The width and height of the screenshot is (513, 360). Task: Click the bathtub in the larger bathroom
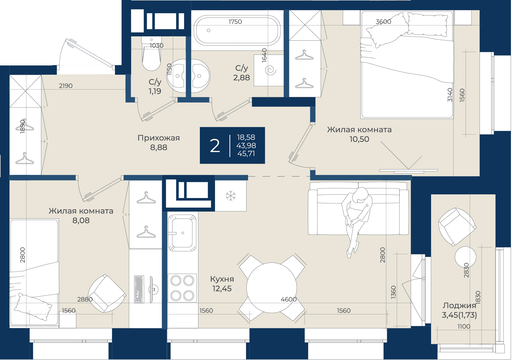click(x=237, y=31)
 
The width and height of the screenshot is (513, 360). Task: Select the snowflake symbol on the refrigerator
click(x=231, y=196)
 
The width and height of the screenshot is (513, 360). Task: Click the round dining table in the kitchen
click(x=272, y=288)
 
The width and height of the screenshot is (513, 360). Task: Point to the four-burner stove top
click(x=182, y=288)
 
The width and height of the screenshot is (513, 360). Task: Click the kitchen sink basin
click(x=182, y=233)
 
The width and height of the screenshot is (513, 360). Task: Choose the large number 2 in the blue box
click(x=215, y=146)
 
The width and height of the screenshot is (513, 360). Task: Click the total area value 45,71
click(x=246, y=153)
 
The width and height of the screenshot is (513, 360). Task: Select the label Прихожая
click(x=159, y=138)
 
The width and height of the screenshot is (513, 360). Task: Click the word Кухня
click(x=222, y=279)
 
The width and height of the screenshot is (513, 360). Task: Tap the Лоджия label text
click(x=459, y=305)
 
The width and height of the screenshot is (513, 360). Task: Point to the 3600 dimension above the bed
click(x=384, y=21)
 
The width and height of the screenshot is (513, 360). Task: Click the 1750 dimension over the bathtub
click(x=235, y=21)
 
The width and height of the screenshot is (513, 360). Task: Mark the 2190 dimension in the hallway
click(x=66, y=86)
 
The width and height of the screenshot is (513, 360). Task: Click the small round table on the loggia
click(x=465, y=257)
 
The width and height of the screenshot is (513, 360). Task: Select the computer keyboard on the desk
click(x=139, y=289)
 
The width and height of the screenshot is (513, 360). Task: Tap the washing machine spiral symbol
click(x=271, y=70)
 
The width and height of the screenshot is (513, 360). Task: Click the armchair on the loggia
click(x=458, y=227)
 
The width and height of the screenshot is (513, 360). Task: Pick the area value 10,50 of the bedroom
click(x=359, y=139)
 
